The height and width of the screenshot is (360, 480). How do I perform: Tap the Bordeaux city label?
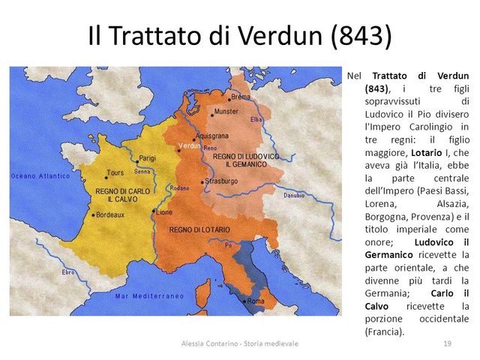tap(109, 214)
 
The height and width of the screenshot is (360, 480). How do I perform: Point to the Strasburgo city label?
tap(220, 181)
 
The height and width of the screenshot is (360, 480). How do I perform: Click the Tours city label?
tap(115, 172)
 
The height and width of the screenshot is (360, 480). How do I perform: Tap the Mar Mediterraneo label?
tap(150, 296)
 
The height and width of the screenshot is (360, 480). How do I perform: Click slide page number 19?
tap(447, 343)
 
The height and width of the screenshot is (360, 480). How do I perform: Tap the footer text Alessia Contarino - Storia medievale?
tap(240, 343)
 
